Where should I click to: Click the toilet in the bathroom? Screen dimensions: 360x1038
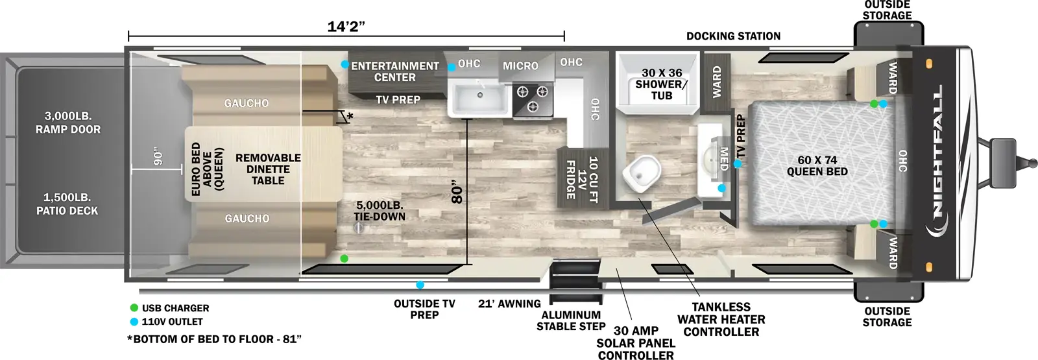pos(641,174)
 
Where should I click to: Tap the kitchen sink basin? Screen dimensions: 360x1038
pos(480,99)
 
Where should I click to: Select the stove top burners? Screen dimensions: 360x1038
pos(533,99)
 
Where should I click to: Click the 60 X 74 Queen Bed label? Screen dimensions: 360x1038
pos(817,166)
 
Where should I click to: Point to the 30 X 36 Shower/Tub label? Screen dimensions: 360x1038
pos(661,84)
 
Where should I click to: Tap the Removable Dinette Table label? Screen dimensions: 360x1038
pos(268,169)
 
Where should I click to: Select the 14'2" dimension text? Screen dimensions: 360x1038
pos(346,27)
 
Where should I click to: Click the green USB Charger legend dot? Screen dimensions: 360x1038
pos(134,308)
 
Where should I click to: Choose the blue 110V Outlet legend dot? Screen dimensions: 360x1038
pos(134,322)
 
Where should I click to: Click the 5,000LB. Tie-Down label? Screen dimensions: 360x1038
pos(380,211)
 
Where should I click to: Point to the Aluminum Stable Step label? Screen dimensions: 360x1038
pos(571,320)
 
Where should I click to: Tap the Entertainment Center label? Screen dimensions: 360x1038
pos(395,71)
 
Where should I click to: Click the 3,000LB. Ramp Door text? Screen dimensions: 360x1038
pos(68,123)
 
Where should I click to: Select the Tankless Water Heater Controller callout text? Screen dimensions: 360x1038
pos(721,319)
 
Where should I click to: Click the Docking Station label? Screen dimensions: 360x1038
pos(733,36)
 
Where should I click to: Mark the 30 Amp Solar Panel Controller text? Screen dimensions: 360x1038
pos(636,343)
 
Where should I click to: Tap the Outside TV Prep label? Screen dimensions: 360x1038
pos(424,309)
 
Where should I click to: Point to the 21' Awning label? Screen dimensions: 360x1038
pos(509,304)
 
